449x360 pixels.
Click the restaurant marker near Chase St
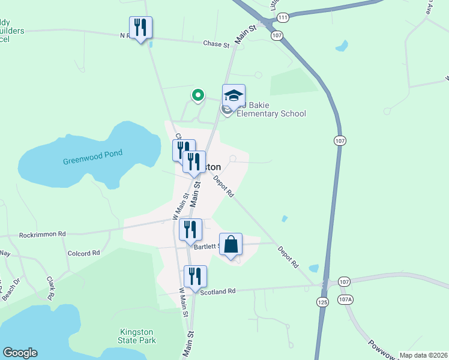click(x=140, y=28)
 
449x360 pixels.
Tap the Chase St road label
click(x=216, y=44)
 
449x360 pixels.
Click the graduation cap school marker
click(x=234, y=96)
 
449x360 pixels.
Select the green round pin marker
click(x=197, y=95)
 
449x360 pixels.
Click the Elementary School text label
click(x=271, y=113)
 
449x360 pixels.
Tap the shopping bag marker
click(x=231, y=244)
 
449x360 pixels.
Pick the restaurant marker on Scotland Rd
click(x=195, y=277)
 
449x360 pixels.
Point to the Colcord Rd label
click(x=83, y=253)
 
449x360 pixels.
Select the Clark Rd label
click(x=51, y=288)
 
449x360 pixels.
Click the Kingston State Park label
click(x=137, y=336)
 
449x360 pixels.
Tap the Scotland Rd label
click(x=219, y=291)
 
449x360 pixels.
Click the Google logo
click(x=20, y=353)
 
